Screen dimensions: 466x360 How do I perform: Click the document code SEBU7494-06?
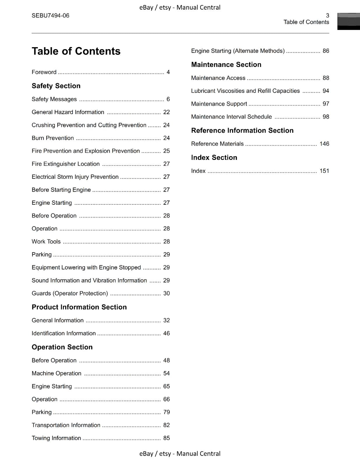[50, 16]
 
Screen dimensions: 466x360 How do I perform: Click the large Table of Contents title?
[76, 51]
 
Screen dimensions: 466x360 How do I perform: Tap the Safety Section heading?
[56, 86]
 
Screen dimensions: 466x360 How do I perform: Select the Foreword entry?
[44, 72]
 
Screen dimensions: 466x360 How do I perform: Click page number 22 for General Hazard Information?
[166, 112]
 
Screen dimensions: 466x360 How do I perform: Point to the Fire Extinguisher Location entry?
[66, 164]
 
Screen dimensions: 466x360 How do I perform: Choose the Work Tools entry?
[46, 241]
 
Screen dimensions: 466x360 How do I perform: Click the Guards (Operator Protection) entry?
[70, 293]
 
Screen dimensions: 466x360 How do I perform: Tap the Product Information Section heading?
[79, 307]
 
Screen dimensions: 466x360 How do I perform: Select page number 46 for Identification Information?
[166, 333]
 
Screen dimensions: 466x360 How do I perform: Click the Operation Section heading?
[62, 347]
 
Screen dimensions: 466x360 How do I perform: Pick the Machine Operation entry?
[57, 373]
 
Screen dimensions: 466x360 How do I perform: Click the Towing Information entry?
[56, 438]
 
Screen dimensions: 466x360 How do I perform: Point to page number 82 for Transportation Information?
[166, 425]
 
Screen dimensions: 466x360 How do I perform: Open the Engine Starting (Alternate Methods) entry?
[238, 51]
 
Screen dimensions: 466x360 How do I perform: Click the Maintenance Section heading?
[226, 65]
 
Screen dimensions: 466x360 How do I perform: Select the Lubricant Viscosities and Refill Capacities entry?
[245, 91]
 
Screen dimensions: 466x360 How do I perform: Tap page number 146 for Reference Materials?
[324, 144]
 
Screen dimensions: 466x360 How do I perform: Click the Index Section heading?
[214, 158]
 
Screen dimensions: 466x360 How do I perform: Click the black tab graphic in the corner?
[348, 21]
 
